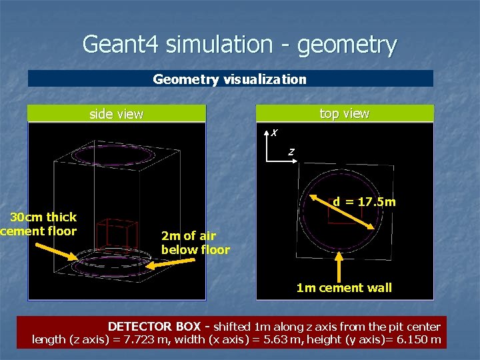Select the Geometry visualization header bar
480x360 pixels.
230,79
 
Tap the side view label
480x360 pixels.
116,114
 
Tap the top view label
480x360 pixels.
344,113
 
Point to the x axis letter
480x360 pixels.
274,133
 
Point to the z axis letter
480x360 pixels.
291,153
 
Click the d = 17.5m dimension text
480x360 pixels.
364,201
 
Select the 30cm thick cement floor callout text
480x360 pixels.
39,224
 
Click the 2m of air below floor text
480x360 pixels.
195,243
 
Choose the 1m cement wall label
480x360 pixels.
344,287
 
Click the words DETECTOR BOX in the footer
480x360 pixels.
154,327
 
